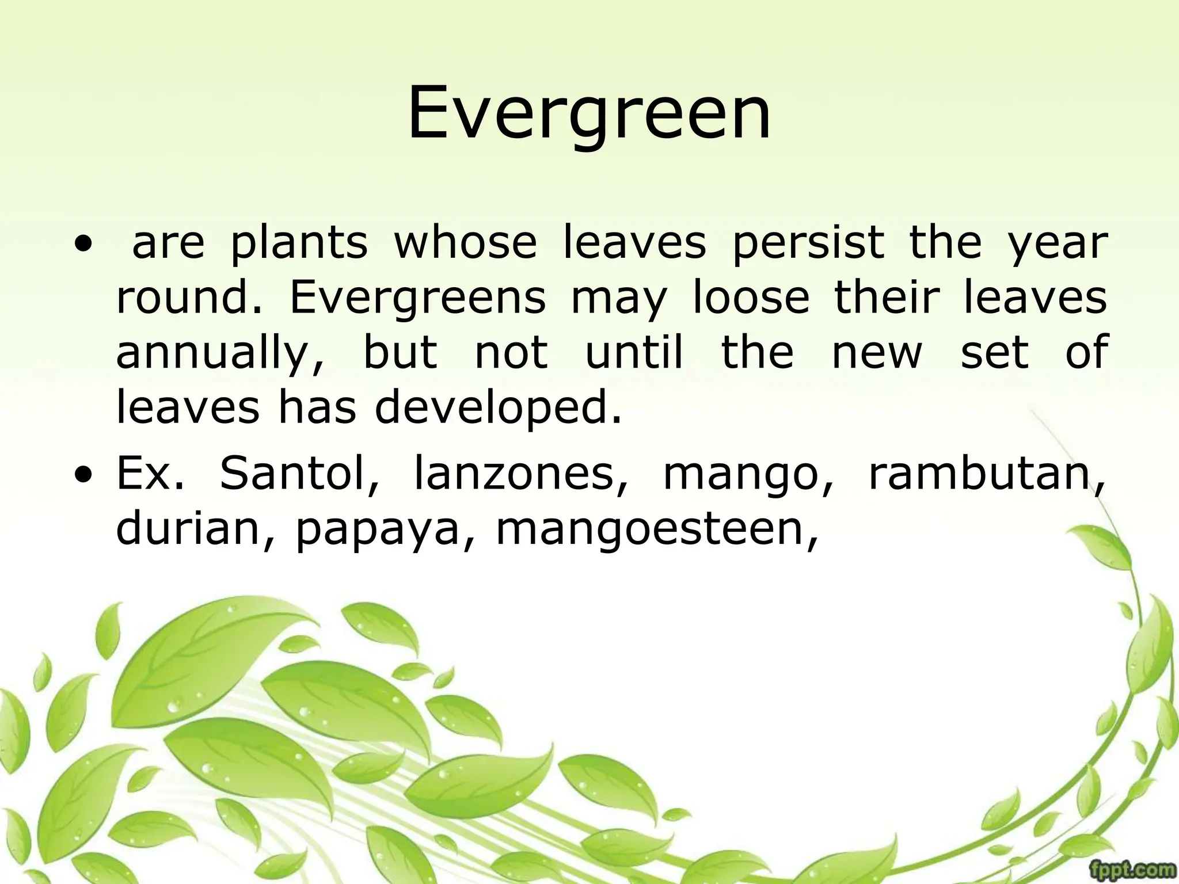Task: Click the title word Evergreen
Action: pyautogui.click(x=589, y=113)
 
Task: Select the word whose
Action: pyautogui.click(x=465, y=242)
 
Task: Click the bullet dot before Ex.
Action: pyautogui.click(x=85, y=477)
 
